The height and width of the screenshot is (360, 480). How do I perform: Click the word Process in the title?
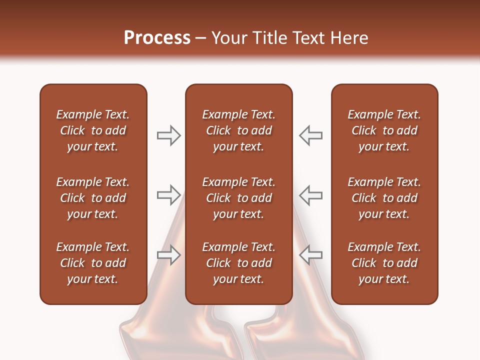coord(157,38)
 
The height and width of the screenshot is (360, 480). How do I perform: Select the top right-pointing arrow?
coord(168,135)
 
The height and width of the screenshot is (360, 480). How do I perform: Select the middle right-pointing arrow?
coord(168,194)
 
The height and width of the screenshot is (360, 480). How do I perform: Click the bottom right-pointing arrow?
coord(168,254)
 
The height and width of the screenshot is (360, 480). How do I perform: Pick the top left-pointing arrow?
coord(310,135)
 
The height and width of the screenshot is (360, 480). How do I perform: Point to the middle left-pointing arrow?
coord(310,194)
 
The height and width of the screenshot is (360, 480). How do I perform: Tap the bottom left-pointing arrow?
coord(310,254)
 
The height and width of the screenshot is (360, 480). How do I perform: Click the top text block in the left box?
coord(93,130)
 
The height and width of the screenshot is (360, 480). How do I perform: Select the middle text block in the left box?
coord(93,198)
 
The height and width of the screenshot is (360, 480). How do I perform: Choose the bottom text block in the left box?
coord(93,263)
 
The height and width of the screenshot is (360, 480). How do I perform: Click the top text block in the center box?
coord(238,130)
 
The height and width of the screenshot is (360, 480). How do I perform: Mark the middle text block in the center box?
coord(238,198)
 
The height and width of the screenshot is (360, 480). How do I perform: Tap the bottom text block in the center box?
coord(238,263)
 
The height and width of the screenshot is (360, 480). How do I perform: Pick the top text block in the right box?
coord(384,130)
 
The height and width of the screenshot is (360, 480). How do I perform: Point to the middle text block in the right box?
coord(384,198)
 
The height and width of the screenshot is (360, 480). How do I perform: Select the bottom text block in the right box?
coord(384,263)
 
